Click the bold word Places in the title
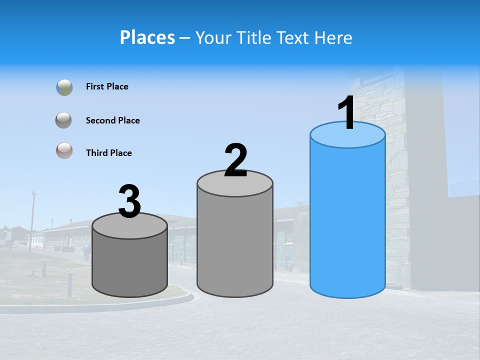[147, 37]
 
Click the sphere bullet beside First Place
[64, 87]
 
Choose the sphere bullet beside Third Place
[64, 150]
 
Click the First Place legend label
[107, 86]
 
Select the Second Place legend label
[112, 120]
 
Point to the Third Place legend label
[108, 153]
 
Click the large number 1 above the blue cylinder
[346, 112]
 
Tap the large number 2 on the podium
[235, 160]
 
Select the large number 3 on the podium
[129, 202]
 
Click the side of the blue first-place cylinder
[347, 220]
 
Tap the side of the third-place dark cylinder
[130, 265]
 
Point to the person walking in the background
[86, 252]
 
